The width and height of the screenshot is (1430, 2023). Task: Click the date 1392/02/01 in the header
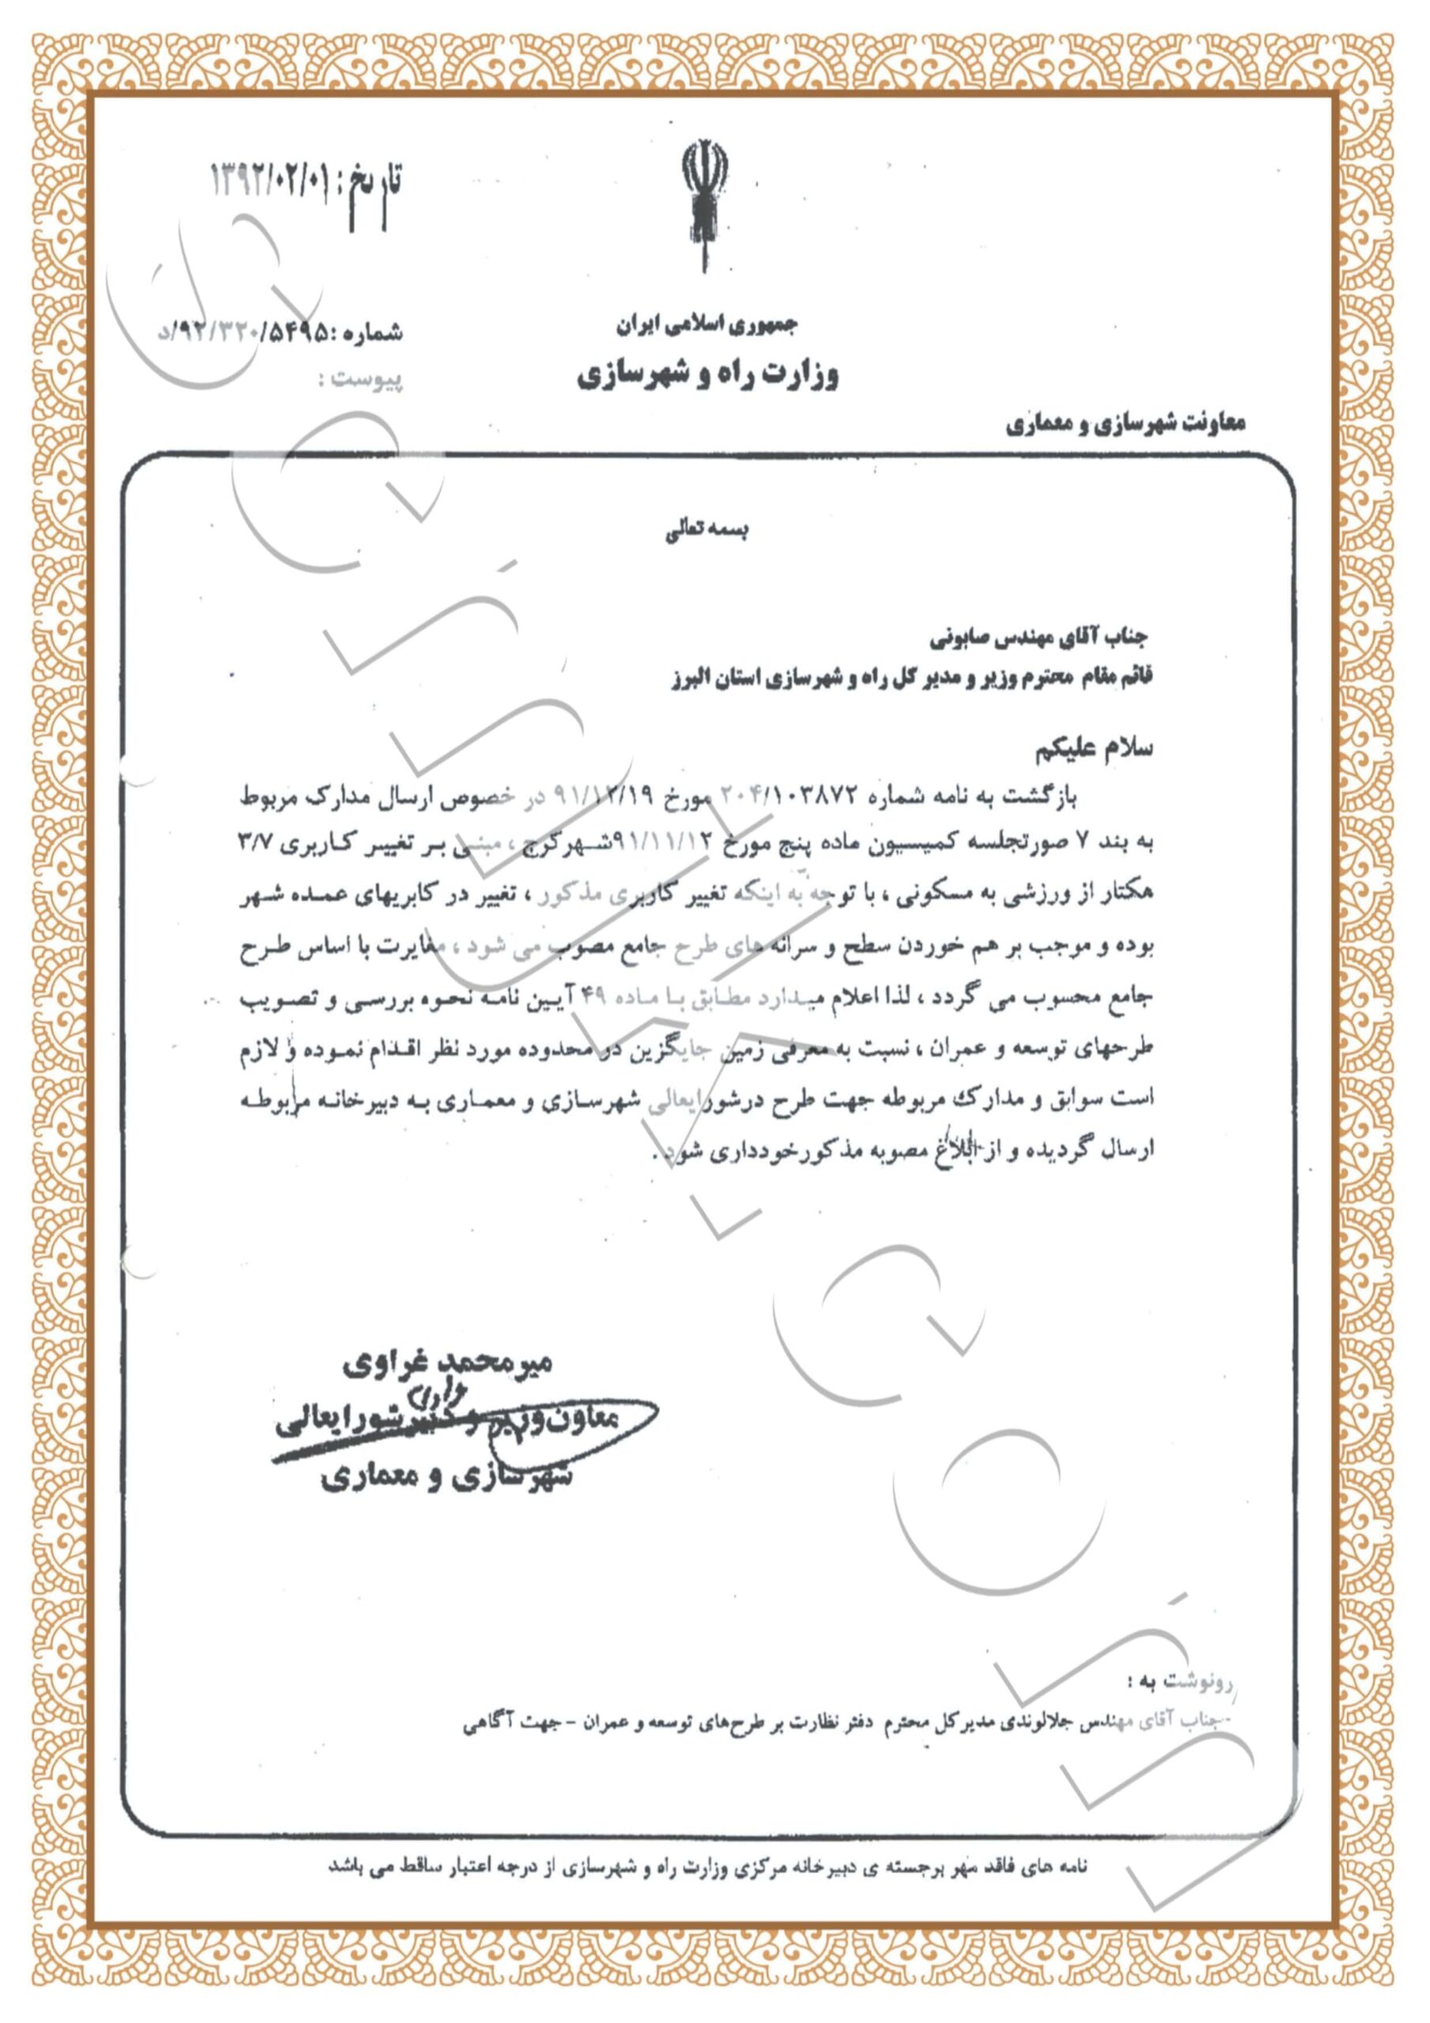[269, 182]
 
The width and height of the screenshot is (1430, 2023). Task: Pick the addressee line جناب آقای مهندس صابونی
[1039, 636]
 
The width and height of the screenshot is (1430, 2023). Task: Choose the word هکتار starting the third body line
[1127, 895]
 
